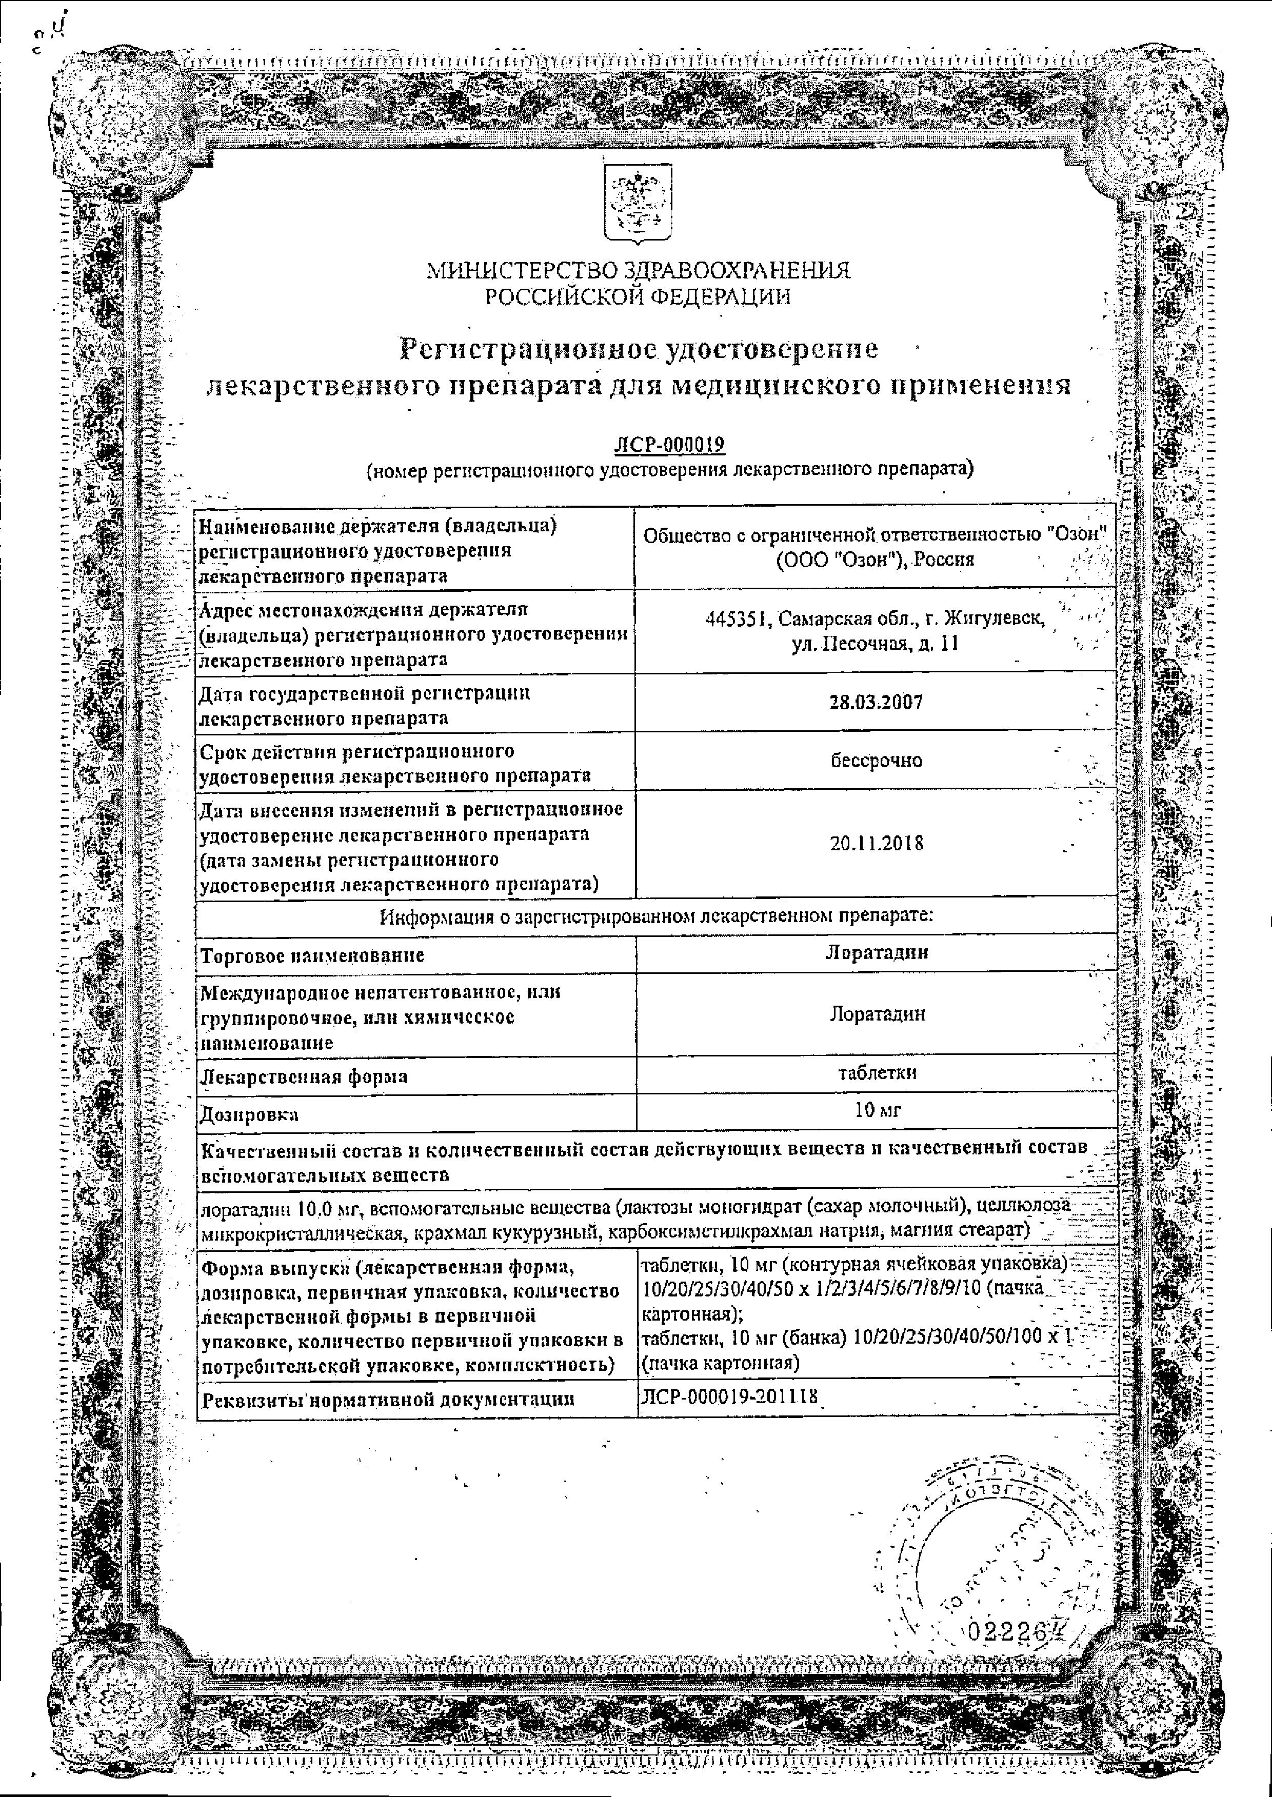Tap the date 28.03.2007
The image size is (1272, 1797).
876,702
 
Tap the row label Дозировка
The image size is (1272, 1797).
249,1113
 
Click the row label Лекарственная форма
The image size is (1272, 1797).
304,1076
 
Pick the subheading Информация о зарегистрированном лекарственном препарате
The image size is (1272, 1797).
657,915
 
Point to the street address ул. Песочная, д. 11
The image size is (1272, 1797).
875,644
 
